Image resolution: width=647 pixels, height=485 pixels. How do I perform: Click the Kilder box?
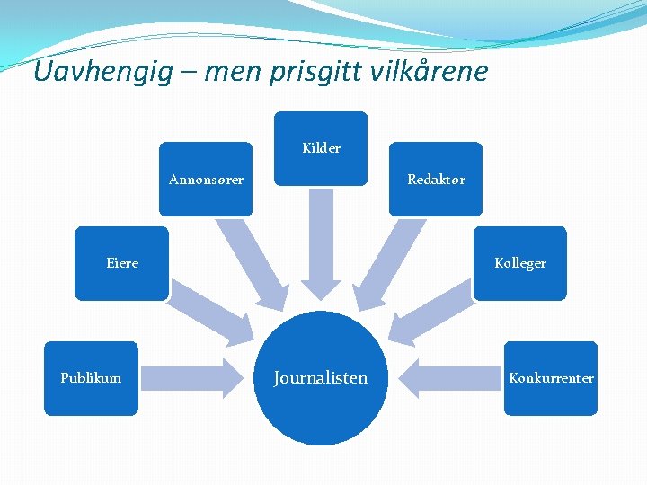point(321,148)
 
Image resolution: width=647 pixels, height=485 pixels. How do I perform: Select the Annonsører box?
point(206,180)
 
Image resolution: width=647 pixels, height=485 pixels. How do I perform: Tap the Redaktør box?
point(436,180)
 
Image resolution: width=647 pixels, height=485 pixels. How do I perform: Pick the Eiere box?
point(121,263)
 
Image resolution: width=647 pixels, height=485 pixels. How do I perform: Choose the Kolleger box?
point(520,263)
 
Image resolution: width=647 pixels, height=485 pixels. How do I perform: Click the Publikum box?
point(91,378)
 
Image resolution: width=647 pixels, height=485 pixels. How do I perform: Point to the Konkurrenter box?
point(551,378)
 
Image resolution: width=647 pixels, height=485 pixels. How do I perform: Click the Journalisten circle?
point(321,378)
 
